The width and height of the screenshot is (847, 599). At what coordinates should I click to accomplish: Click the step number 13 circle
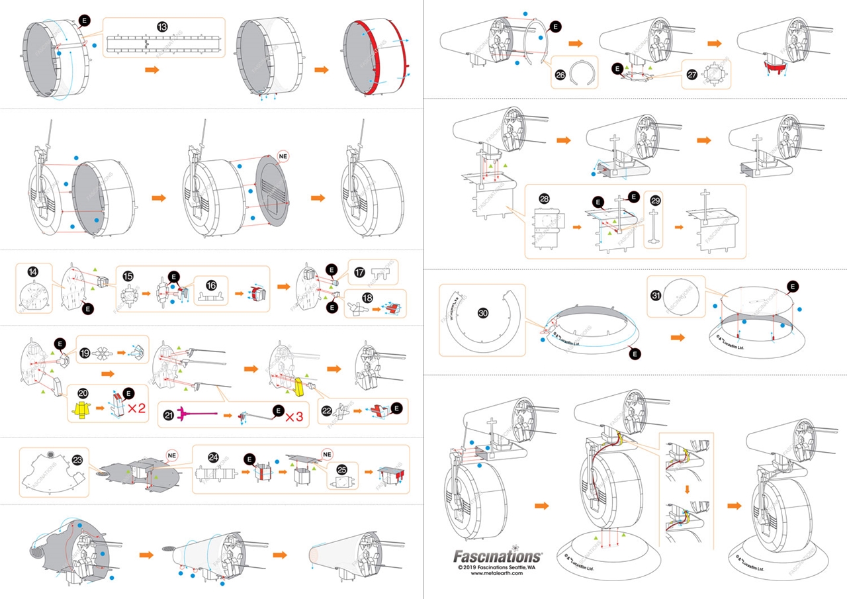click(x=162, y=26)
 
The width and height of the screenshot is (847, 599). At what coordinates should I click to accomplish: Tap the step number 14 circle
click(x=31, y=271)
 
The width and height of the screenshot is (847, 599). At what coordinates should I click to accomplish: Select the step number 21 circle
click(x=169, y=415)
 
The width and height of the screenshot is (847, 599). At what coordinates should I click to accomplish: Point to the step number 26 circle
click(x=560, y=75)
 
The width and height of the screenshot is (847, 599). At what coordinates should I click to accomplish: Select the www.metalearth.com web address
click(x=497, y=574)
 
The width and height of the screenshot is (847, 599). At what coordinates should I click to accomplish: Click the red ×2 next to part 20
click(x=137, y=408)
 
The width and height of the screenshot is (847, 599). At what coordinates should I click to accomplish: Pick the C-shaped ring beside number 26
click(x=583, y=73)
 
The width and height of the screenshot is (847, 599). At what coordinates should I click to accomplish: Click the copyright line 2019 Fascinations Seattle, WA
click(x=496, y=567)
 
